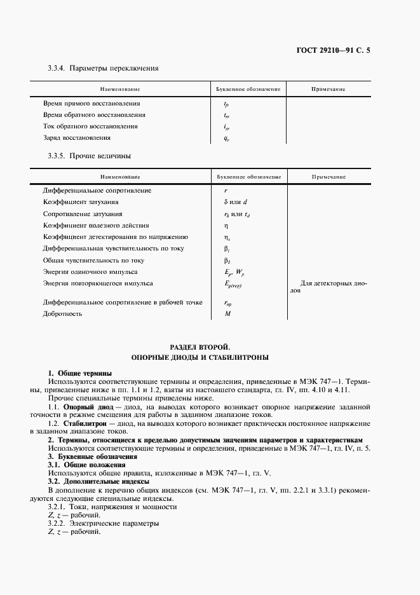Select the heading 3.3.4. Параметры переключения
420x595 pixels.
103,67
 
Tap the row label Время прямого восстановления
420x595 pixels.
91,103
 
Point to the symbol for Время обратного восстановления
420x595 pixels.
226,115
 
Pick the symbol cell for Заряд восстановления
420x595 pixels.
226,138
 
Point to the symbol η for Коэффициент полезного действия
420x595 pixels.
226,226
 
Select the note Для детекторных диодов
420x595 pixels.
329,287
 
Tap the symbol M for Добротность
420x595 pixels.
226,314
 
